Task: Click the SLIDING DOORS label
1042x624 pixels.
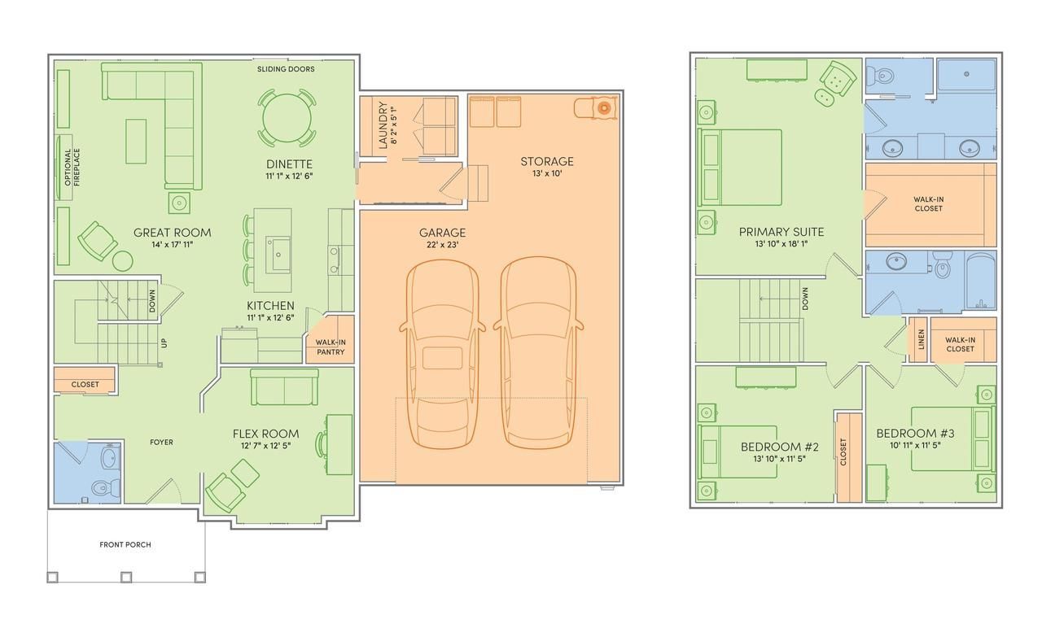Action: (286, 69)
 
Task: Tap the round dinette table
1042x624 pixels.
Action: (287, 118)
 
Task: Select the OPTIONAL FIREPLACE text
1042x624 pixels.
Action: (72, 168)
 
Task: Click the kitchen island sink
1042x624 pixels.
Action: (278, 254)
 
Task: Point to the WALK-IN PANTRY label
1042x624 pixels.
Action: (331, 347)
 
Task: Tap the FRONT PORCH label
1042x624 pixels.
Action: (125, 544)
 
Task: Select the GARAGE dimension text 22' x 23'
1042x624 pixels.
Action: (442, 245)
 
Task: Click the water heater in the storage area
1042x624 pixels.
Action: (603, 108)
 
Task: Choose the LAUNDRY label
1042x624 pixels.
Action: (383, 125)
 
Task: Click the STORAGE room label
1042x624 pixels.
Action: (546, 161)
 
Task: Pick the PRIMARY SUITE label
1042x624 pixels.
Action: (781, 232)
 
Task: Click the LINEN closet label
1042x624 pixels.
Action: (921, 339)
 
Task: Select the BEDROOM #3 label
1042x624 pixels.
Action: (915, 434)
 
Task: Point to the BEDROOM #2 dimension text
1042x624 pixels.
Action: (779, 459)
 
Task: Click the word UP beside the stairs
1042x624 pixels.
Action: (164, 343)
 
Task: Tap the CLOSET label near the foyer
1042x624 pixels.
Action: (85, 385)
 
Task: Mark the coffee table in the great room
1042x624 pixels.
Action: (136, 142)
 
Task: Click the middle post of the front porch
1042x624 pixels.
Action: (126, 577)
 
